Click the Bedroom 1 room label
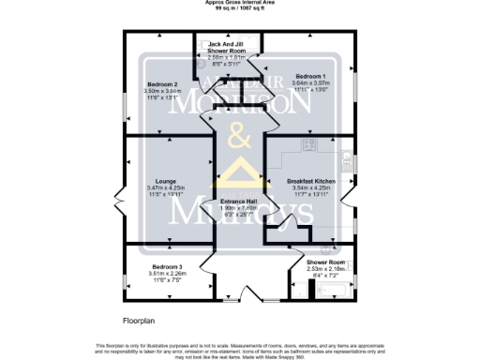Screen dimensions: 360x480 tap(310, 75)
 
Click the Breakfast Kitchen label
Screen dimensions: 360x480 tap(310, 180)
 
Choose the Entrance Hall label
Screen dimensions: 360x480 tap(238, 201)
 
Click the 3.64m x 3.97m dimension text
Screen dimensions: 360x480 tap(310, 82)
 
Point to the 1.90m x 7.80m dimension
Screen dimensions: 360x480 tap(238, 208)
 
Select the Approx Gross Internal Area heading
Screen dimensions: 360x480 tap(240, 3)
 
